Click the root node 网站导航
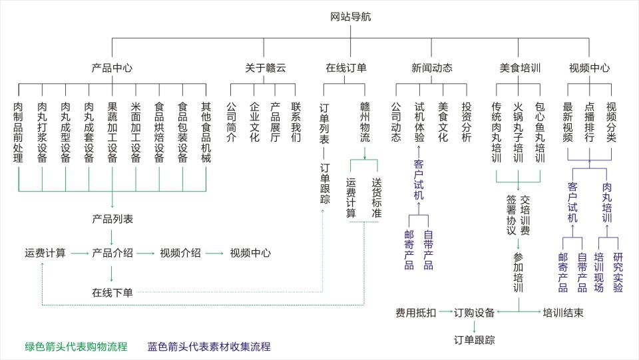click(x=350, y=17)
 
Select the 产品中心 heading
click(x=112, y=68)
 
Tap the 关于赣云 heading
click(x=265, y=68)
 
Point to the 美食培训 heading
click(x=519, y=68)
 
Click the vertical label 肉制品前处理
click(x=19, y=132)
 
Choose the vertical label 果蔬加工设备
click(x=112, y=132)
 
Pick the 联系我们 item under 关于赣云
click(x=296, y=122)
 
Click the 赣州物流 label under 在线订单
click(x=365, y=122)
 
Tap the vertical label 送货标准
click(x=377, y=198)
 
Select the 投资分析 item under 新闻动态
click(x=467, y=122)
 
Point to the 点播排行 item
click(x=589, y=122)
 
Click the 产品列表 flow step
click(x=112, y=218)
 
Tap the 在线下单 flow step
click(x=112, y=292)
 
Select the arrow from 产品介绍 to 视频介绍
click(x=146, y=253)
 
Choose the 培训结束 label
click(x=563, y=312)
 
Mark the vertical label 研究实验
click(x=618, y=272)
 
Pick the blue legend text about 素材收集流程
click(x=209, y=347)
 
